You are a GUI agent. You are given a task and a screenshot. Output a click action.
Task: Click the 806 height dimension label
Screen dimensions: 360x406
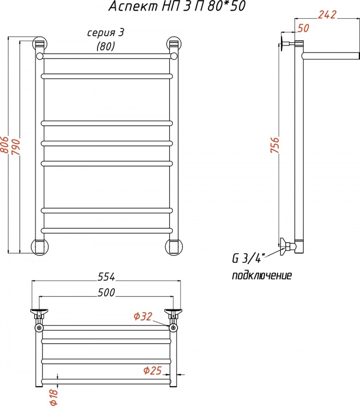(5, 146)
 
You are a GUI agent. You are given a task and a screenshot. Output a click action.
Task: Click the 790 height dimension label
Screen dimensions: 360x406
(16, 147)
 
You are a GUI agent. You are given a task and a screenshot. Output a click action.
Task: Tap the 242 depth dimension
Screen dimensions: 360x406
(327, 15)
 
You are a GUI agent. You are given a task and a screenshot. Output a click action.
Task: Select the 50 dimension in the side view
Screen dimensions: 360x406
(303, 28)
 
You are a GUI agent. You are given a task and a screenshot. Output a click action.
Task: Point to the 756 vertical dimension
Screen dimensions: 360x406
(275, 145)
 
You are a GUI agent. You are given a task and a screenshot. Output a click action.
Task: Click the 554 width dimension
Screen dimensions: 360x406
(106, 277)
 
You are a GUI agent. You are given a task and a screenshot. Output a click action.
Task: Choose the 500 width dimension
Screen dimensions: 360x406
(106, 293)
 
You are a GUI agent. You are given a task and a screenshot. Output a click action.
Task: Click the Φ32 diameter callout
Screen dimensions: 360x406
(143, 317)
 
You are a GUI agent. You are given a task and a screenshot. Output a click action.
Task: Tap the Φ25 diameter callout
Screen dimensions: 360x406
(153, 371)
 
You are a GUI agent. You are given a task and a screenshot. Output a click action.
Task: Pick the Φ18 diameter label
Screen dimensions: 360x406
(54, 397)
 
